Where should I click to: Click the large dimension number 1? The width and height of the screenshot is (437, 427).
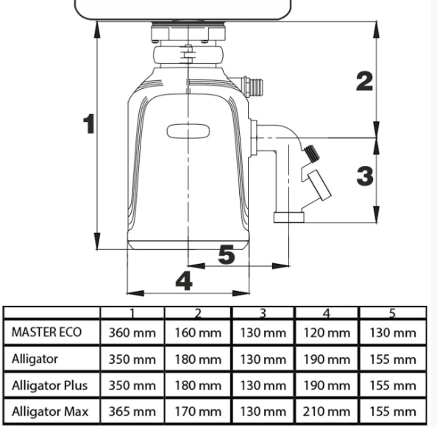[x=89, y=123]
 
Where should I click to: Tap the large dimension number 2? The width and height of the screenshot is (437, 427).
[x=365, y=81]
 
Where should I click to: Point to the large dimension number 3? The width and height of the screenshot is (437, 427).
[x=365, y=176]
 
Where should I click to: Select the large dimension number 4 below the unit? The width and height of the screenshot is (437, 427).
[x=184, y=281]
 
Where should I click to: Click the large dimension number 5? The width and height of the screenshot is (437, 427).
[x=227, y=254]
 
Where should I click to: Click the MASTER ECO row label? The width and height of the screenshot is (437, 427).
[x=46, y=332]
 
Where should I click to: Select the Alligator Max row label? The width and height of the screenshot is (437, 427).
[x=50, y=412]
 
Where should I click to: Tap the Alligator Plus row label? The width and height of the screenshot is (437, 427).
[x=49, y=386]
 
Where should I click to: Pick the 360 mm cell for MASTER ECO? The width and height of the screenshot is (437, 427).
[x=132, y=333]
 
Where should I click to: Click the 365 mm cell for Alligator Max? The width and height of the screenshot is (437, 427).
[x=132, y=412]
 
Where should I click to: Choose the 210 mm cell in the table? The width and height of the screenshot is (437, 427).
[x=327, y=412]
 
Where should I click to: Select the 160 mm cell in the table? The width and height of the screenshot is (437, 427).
[x=198, y=333]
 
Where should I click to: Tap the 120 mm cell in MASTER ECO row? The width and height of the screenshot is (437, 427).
[x=327, y=333]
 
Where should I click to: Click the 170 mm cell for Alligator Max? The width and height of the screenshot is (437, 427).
[x=198, y=412]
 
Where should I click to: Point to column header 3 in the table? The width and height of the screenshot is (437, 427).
[x=263, y=313]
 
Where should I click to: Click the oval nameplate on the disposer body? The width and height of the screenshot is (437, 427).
[x=188, y=132]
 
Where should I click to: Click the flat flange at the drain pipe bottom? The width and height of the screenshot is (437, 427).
[x=288, y=218]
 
